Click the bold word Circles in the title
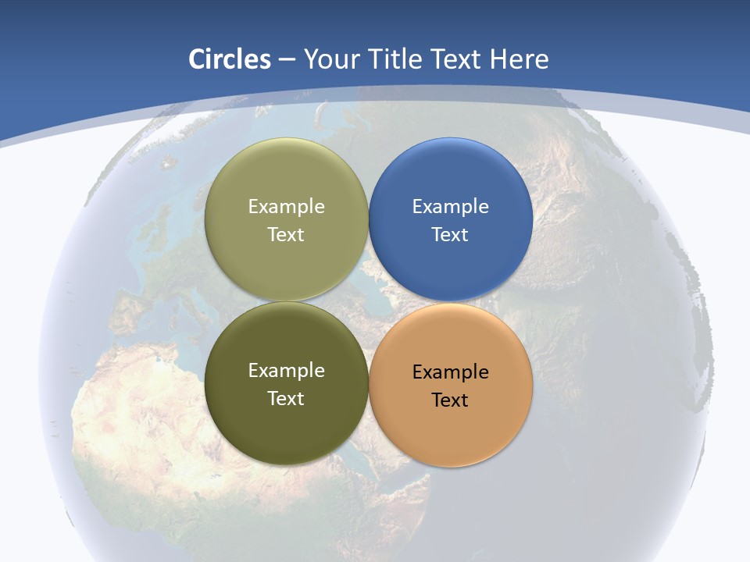point(229,59)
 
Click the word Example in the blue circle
point(450,207)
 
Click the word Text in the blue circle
point(450,235)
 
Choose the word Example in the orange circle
point(450,372)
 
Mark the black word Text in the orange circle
point(450,400)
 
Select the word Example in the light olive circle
point(286,207)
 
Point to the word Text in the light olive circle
point(286,235)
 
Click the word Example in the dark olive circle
point(286,371)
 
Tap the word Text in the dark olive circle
point(286,399)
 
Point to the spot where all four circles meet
point(369,301)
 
